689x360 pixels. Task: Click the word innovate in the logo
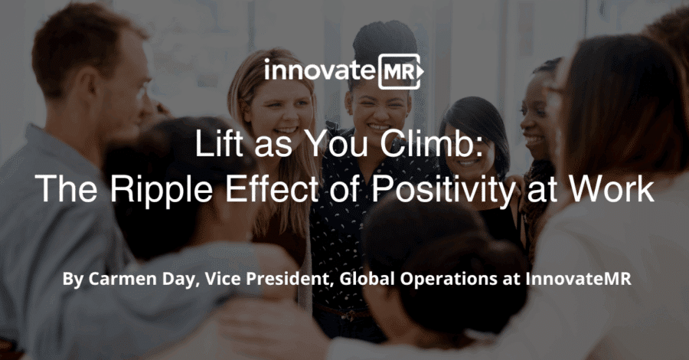coord(320,70)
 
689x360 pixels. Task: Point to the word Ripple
coord(162,189)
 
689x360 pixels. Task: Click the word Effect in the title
coord(272,188)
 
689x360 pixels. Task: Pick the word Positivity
coord(444,189)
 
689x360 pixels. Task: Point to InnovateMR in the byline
coord(578,279)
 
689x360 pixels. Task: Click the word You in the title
coord(336,143)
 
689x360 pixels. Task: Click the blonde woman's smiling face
coord(279,110)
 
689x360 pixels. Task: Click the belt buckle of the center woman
coord(350,315)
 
